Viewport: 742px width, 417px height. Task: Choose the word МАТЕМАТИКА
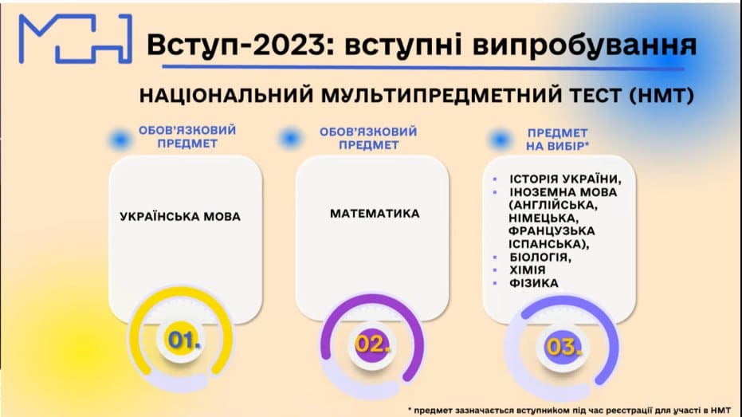pos(375,214)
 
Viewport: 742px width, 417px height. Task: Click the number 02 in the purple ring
pos(372,344)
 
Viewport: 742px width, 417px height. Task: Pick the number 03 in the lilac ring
pos(563,347)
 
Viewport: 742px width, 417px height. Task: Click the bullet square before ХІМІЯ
pos(497,270)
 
